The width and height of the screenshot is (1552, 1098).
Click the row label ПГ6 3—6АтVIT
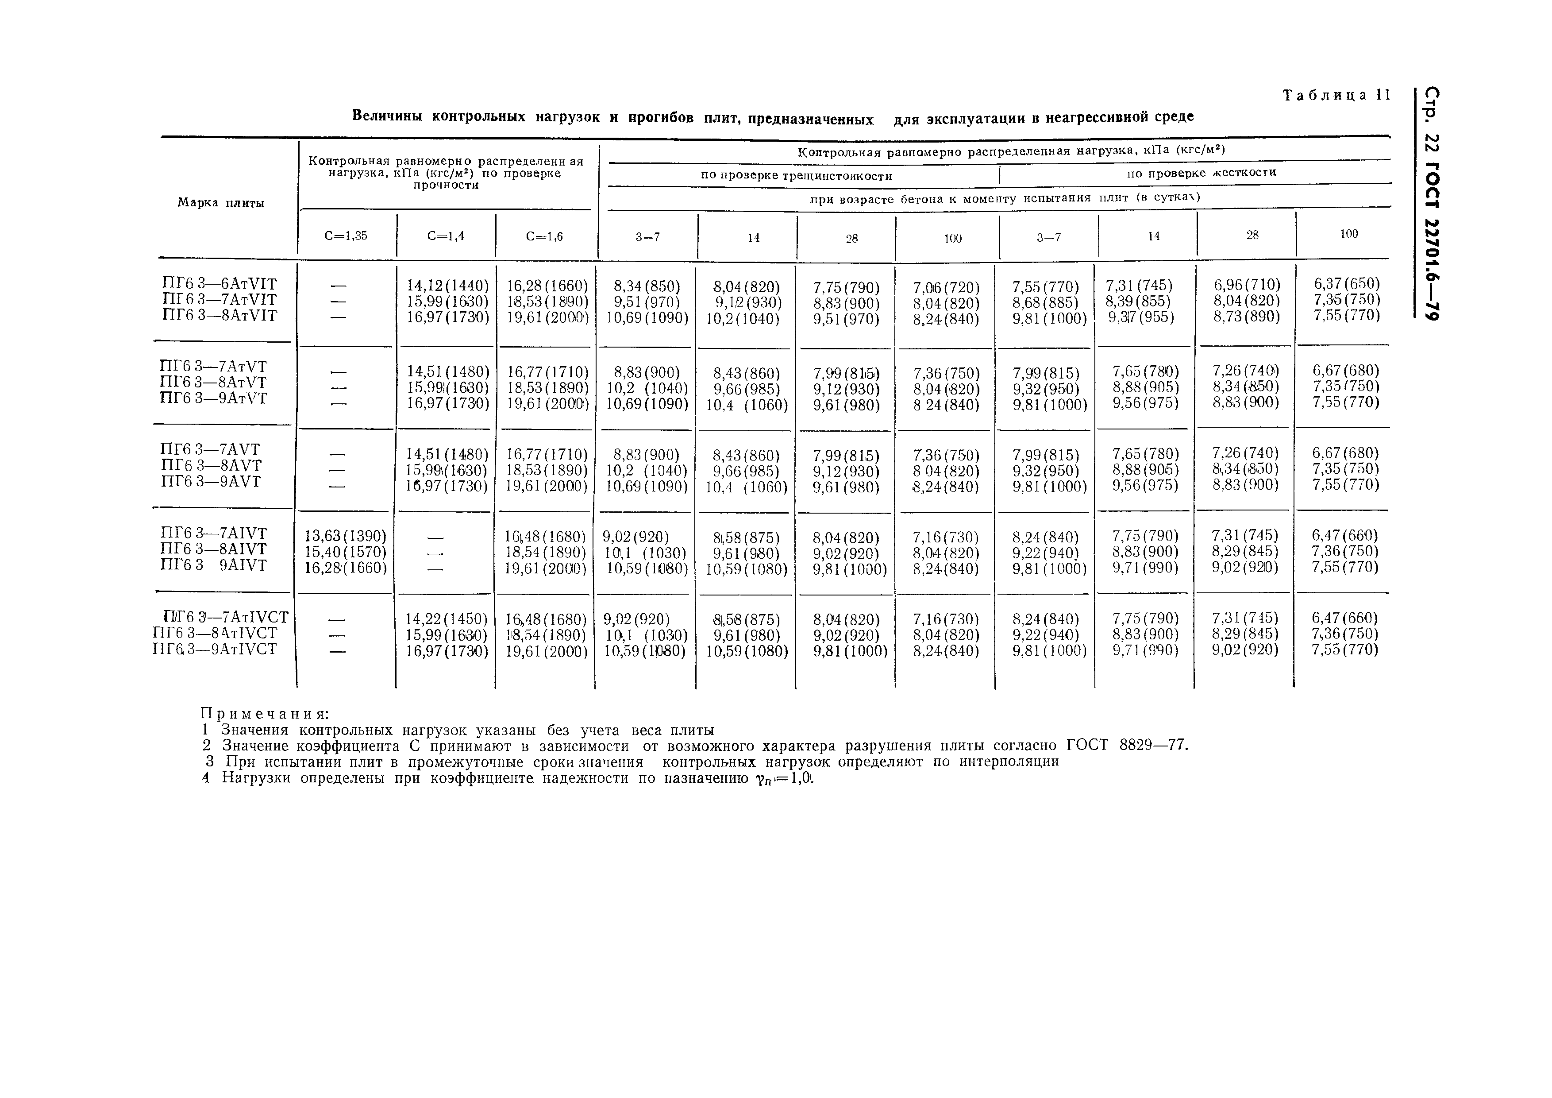click(x=220, y=284)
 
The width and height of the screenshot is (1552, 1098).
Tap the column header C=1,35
click(x=346, y=236)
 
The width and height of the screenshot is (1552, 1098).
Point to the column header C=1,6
click(x=544, y=236)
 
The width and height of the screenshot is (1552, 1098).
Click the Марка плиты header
click(x=220, y=203)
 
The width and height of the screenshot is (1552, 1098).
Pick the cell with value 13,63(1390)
click(x=346, y=536)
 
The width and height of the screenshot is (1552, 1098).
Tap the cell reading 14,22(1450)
click(x=446, y=619)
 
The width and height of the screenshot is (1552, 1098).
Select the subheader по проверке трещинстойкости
click(x=796, y=176)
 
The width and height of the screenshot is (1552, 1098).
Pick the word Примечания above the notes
click(x=265, y=714)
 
